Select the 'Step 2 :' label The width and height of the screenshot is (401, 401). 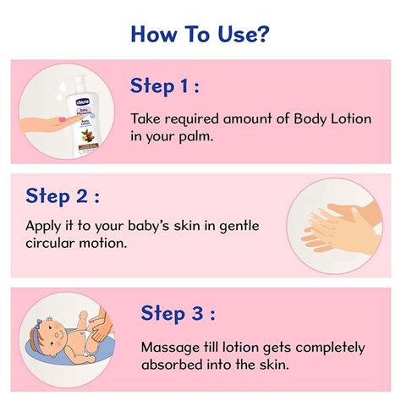63,197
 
